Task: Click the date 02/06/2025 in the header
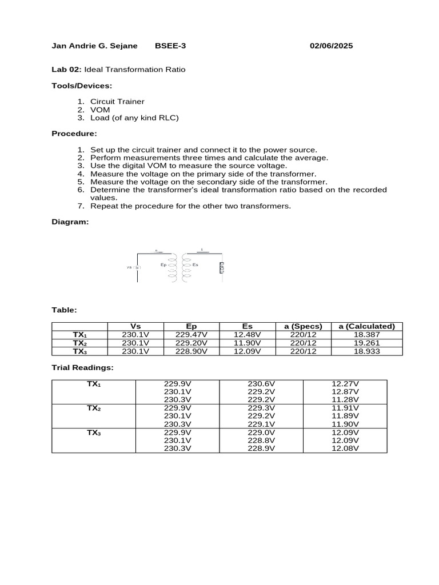pyautogui.click(x=331, y=46)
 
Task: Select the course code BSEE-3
pyautogui.click(x=171, y=46)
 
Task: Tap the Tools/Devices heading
pyautogui.click(x=82, y=86)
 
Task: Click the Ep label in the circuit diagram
pyautogui.click(x=163, y=265)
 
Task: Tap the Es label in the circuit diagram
pyautogui.click(x=195, y=265)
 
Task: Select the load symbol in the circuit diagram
pyautogui.click(x=222, y=267)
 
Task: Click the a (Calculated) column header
pyautogui.click(x=366, y=326)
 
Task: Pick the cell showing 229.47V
pyautogui.click(x=191, y=335)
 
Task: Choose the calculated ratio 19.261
pyautogui.click(x=366, y=343)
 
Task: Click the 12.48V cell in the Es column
pyautogui.click(x=247, y=335)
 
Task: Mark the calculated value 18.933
pyautogui.click(x=366, y=351)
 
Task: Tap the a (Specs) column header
pyautogui.click(x=303, y=326)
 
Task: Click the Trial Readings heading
pyautogui.click(x=82, y=367)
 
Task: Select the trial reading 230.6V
pyautogui.click(x=261, y=384)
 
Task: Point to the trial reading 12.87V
pyautogui.click(x=345, y=392)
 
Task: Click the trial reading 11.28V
pyautogui.click(x=345, y=400)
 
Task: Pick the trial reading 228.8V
pyautogui.click(x=261, y=440)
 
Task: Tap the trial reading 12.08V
pyautogui.click(x=345, y=448)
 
